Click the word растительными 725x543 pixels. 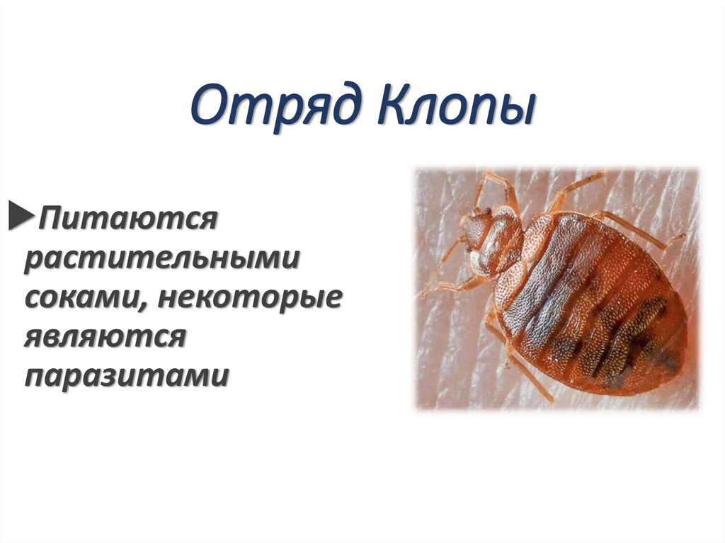coord(161,258)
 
